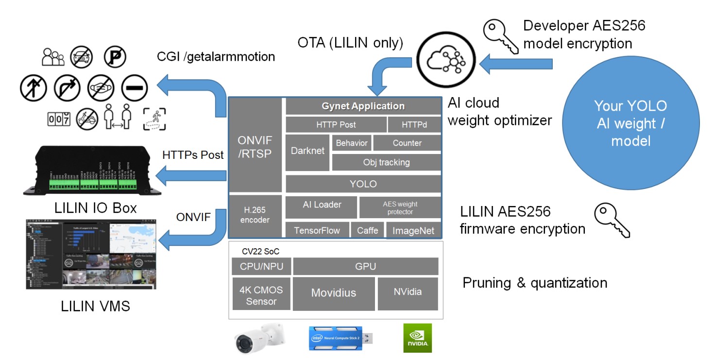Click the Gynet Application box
pos(363,106)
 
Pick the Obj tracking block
pos(386,162)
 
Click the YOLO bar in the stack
pos(363,184)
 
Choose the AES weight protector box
pos(400,208)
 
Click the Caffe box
pos(367,230)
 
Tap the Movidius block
pos(333,293)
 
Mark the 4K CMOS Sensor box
pos(261,295)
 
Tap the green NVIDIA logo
pos(417,338)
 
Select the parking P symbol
pos(115,57)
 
